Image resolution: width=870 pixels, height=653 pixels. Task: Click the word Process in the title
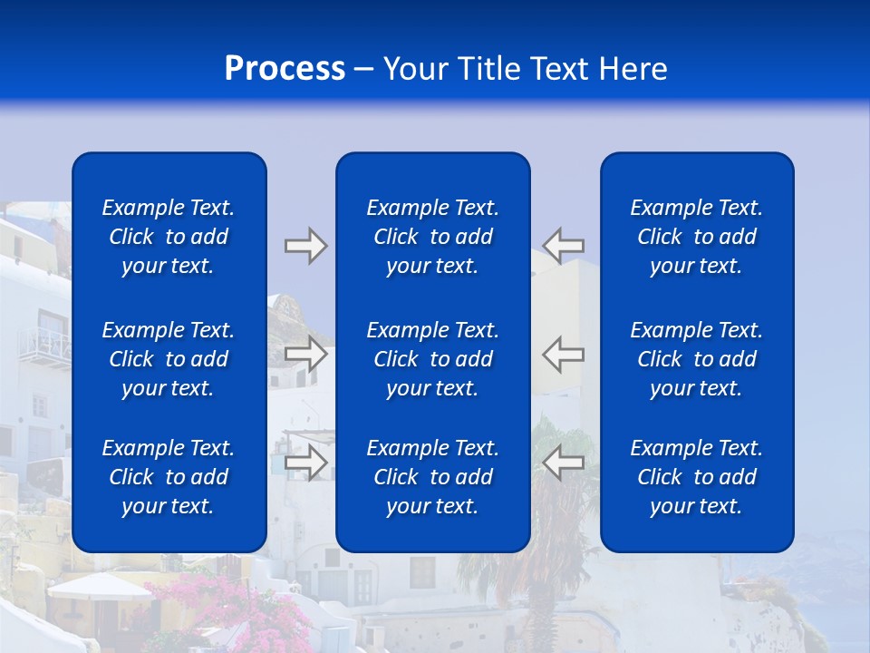click(x=285, y=69)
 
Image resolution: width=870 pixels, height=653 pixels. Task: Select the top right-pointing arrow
click(x=305, y=246)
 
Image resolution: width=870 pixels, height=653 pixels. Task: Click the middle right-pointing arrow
click(x=305, y=354)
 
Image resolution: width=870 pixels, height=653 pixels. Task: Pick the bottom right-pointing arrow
click(x=305, y=463)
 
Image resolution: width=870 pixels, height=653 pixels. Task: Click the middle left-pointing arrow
click(x=564, y=354)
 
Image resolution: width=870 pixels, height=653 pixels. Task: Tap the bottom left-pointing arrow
click(x=564, y=463)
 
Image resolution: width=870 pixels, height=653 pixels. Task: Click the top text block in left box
click(x=169, y=237)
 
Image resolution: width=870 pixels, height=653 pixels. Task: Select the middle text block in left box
click(x=169, y=359)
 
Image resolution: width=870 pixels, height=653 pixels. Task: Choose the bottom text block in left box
click(x=169, y=477)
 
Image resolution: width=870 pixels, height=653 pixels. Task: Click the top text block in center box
click(x=432, y=237)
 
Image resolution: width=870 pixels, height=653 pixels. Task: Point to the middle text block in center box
click(x=432, y=359)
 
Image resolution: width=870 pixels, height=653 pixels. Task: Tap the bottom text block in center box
click(x=432, y=477)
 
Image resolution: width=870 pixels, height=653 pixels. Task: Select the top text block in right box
click(x=697, y=237)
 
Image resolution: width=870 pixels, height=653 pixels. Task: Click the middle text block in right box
click(x=697, y=359)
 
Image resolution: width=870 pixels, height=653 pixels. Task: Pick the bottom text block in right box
click(x=697, y=477)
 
